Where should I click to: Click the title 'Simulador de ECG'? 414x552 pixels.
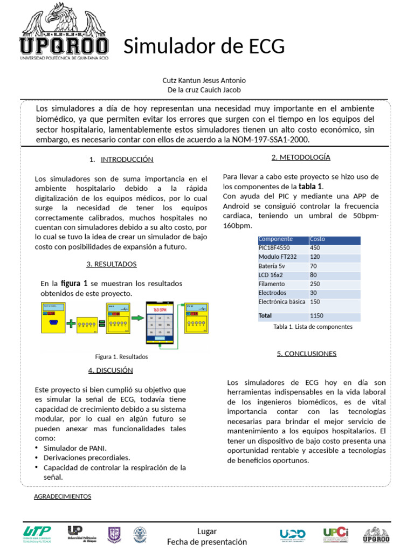point(204,47)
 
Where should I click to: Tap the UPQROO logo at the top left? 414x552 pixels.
point(64,31)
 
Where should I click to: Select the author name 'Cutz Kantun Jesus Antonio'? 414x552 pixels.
point(204,80)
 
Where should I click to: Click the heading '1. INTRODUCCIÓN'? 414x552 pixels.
point(122,160)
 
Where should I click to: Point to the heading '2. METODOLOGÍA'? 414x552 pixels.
point(301,157)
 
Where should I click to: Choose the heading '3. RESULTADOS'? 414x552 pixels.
point(112,264)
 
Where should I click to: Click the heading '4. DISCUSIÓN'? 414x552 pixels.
point(111,370)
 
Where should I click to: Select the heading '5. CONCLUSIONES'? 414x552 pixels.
point(307,354)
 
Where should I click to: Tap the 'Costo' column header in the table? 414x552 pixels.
point(318,239)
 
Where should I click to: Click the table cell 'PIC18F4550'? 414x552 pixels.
point(274,248)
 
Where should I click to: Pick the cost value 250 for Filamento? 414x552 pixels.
point(315,284)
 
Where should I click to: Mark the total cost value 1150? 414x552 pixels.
point(317,315)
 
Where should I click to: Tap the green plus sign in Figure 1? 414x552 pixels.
point(71,323)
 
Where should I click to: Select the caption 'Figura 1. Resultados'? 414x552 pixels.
point(121,357)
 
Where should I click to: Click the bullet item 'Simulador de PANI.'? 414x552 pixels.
point(75,448)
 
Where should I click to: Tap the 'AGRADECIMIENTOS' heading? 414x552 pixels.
point(63,496)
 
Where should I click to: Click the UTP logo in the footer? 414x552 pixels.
point(37,534)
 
